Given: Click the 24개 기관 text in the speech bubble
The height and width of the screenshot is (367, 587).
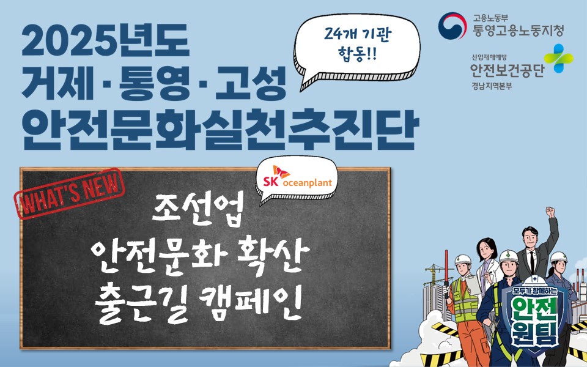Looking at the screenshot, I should pos(356,37).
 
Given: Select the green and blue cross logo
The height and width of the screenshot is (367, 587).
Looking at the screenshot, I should pos(558,59).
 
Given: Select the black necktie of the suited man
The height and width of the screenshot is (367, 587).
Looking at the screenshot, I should pos(531,262).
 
